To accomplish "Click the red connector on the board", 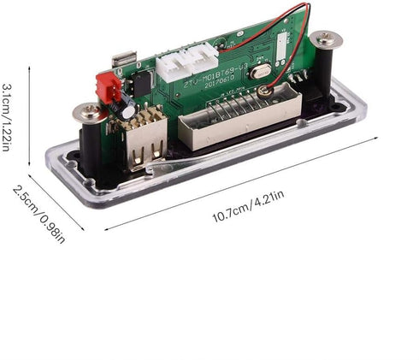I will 109,86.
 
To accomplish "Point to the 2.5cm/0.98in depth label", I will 38,212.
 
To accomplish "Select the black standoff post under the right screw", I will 325,73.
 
